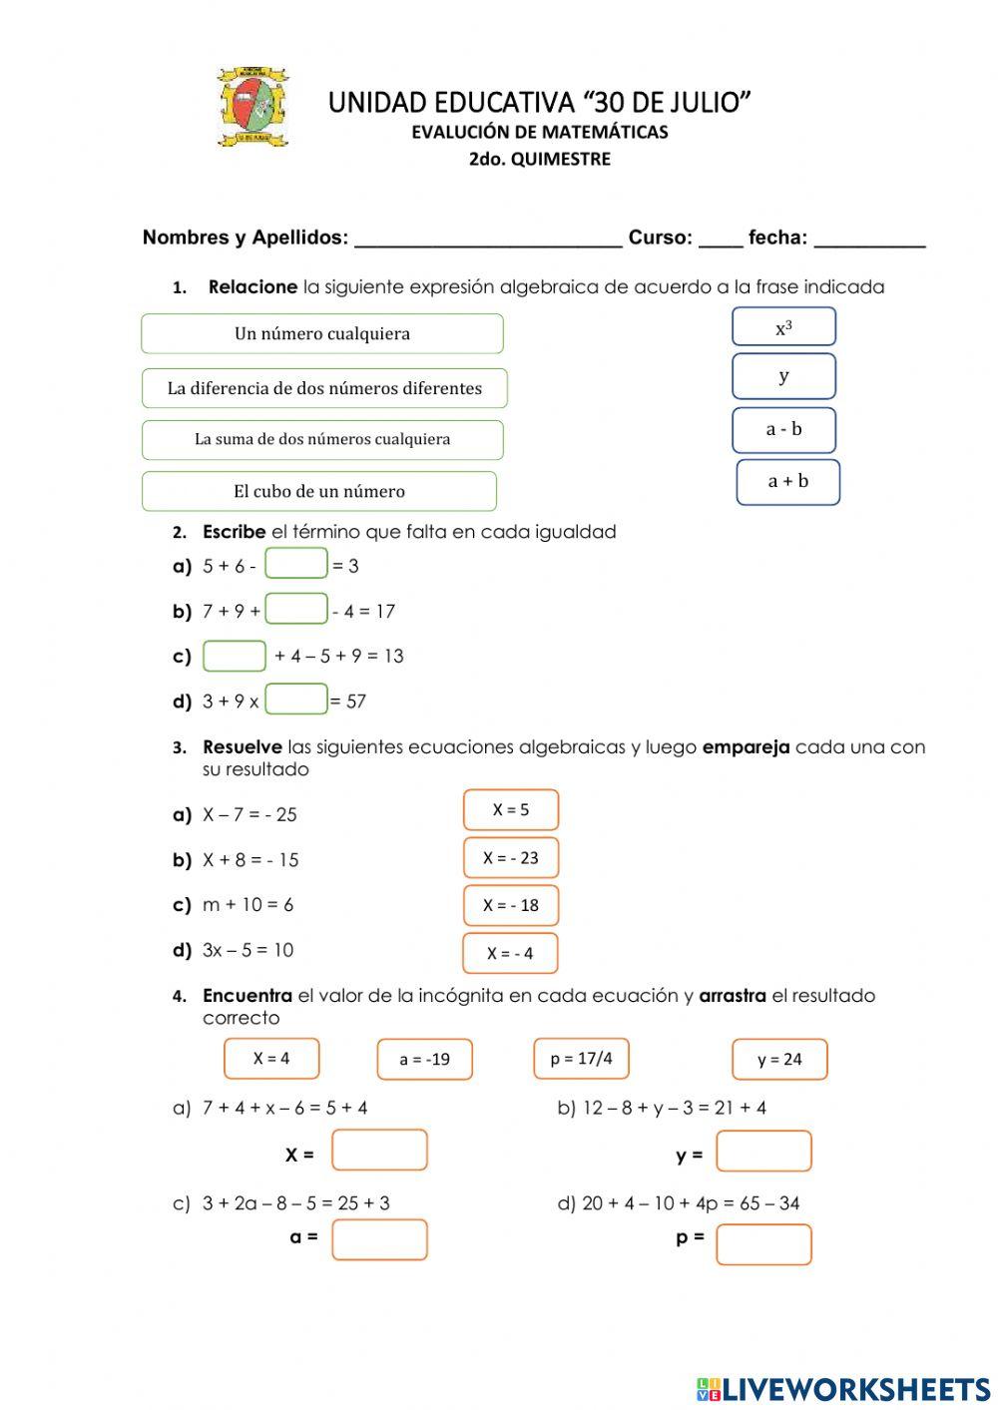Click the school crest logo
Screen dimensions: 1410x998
252,107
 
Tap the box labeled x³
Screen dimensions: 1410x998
783,327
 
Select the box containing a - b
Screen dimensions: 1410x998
783,430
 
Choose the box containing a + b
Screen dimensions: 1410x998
787,482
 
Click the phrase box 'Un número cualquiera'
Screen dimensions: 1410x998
321,334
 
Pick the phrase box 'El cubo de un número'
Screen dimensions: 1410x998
318,491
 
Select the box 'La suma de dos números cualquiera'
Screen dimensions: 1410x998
321,439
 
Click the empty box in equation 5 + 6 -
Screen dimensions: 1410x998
296,564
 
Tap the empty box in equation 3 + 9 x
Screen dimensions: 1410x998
296,700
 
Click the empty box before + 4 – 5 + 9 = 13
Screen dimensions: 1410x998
235,656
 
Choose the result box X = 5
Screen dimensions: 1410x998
510,810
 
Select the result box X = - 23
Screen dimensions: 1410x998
510,858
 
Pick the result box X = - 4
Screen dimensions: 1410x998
510,953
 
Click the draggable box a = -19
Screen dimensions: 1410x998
424,1060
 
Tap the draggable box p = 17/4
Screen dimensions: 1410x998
581,1059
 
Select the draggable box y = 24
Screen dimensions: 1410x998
779,1060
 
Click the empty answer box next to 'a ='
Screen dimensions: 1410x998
379,1239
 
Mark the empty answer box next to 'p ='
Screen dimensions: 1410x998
763,1244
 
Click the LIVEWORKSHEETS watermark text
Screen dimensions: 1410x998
843,1389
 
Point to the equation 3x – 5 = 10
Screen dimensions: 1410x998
248,950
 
